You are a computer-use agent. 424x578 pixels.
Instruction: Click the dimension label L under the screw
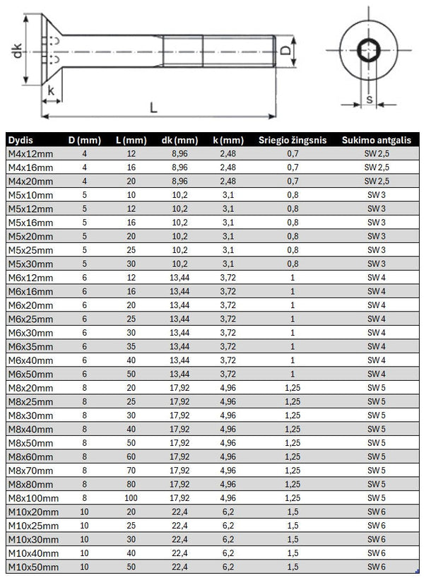tap(153, 107)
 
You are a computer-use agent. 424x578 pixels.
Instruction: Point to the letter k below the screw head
tap(51, 91)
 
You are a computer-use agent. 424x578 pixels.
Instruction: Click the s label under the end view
tap(369, 100)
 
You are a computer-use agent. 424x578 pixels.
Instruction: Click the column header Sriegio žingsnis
tap(293, 140)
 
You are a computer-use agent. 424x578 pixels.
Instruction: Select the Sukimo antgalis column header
tap(377, 140)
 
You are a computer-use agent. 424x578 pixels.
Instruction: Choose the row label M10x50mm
tap(33, 567)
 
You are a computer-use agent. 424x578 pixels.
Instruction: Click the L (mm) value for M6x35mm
tap(130, 346)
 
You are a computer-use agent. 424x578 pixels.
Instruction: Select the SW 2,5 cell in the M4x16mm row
tap(377, 167)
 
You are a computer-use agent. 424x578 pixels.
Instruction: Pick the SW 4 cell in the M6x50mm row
tap(377, 374)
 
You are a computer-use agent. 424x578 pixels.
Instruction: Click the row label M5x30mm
tap(30, 264)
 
